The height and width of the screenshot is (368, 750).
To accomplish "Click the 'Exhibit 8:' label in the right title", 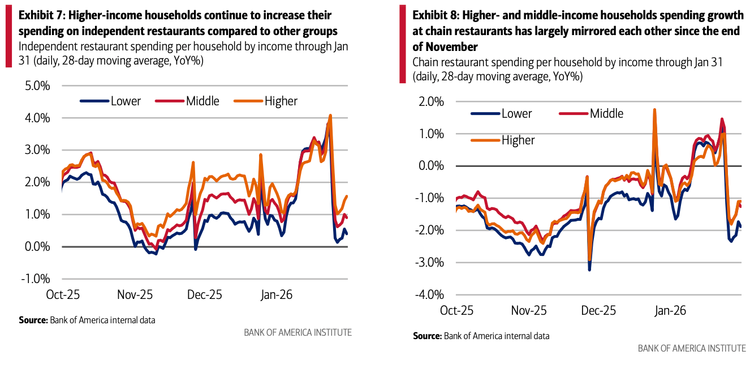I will [x=436, y=15].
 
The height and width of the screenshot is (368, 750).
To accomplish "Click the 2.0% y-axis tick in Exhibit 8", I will [x=431, y=102].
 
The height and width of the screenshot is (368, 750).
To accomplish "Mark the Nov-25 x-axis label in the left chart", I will [x=134, y=296].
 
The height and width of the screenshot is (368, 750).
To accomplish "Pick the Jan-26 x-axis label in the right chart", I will [x=670, y=311].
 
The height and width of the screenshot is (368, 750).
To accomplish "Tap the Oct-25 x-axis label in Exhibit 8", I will [x=456, y=311].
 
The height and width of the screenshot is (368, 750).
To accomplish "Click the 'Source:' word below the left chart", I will [x=33, y=320].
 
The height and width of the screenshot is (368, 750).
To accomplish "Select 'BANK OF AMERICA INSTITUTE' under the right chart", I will [x=692, y=348].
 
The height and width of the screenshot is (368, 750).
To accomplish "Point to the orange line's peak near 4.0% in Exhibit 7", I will [x=330, y=115].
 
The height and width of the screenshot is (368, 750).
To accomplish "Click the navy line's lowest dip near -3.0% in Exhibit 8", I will [x=589, y=269].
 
